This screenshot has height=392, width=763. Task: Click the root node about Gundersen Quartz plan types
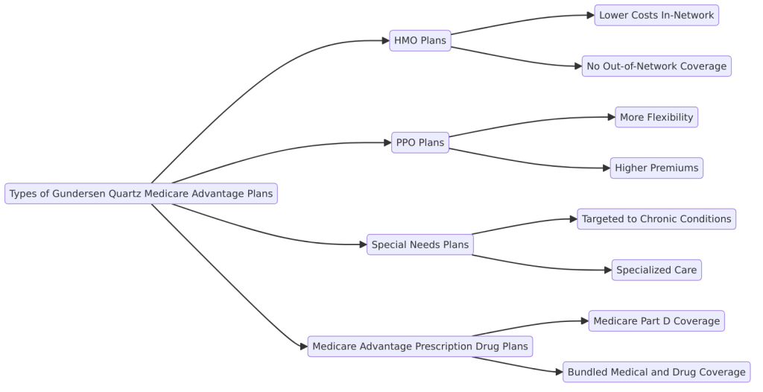(x=141, y=194)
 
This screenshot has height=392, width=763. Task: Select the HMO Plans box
(x=420, y=41)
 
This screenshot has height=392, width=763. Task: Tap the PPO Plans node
(x=420, y=143)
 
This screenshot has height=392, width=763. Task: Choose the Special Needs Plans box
(x=420, y=244)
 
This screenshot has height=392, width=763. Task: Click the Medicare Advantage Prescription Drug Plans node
(x=420, y=347)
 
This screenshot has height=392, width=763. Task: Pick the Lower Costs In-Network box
(x=656, y=16)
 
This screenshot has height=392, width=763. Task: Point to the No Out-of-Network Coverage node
(x=656, y=66)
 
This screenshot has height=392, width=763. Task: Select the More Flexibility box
(x=656, y=117)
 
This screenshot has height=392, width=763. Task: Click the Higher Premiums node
(x=656, y=168)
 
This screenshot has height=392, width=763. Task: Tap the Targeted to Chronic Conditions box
(x=656, y=219)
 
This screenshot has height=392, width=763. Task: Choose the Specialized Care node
(x=656, y=270)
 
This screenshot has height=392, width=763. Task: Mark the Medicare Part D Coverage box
(x=656, y=321)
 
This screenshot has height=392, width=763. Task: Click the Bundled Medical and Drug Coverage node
(x=656, y=372)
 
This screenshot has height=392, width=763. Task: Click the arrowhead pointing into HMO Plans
(x=385, y=41)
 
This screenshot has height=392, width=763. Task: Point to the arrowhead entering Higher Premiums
(x=606, y=168)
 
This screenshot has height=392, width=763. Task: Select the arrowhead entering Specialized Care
(x=607, y=270)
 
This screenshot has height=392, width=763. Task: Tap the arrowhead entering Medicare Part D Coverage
(x=584, y=321)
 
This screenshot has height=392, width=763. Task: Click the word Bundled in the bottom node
(x=588, y=372)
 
